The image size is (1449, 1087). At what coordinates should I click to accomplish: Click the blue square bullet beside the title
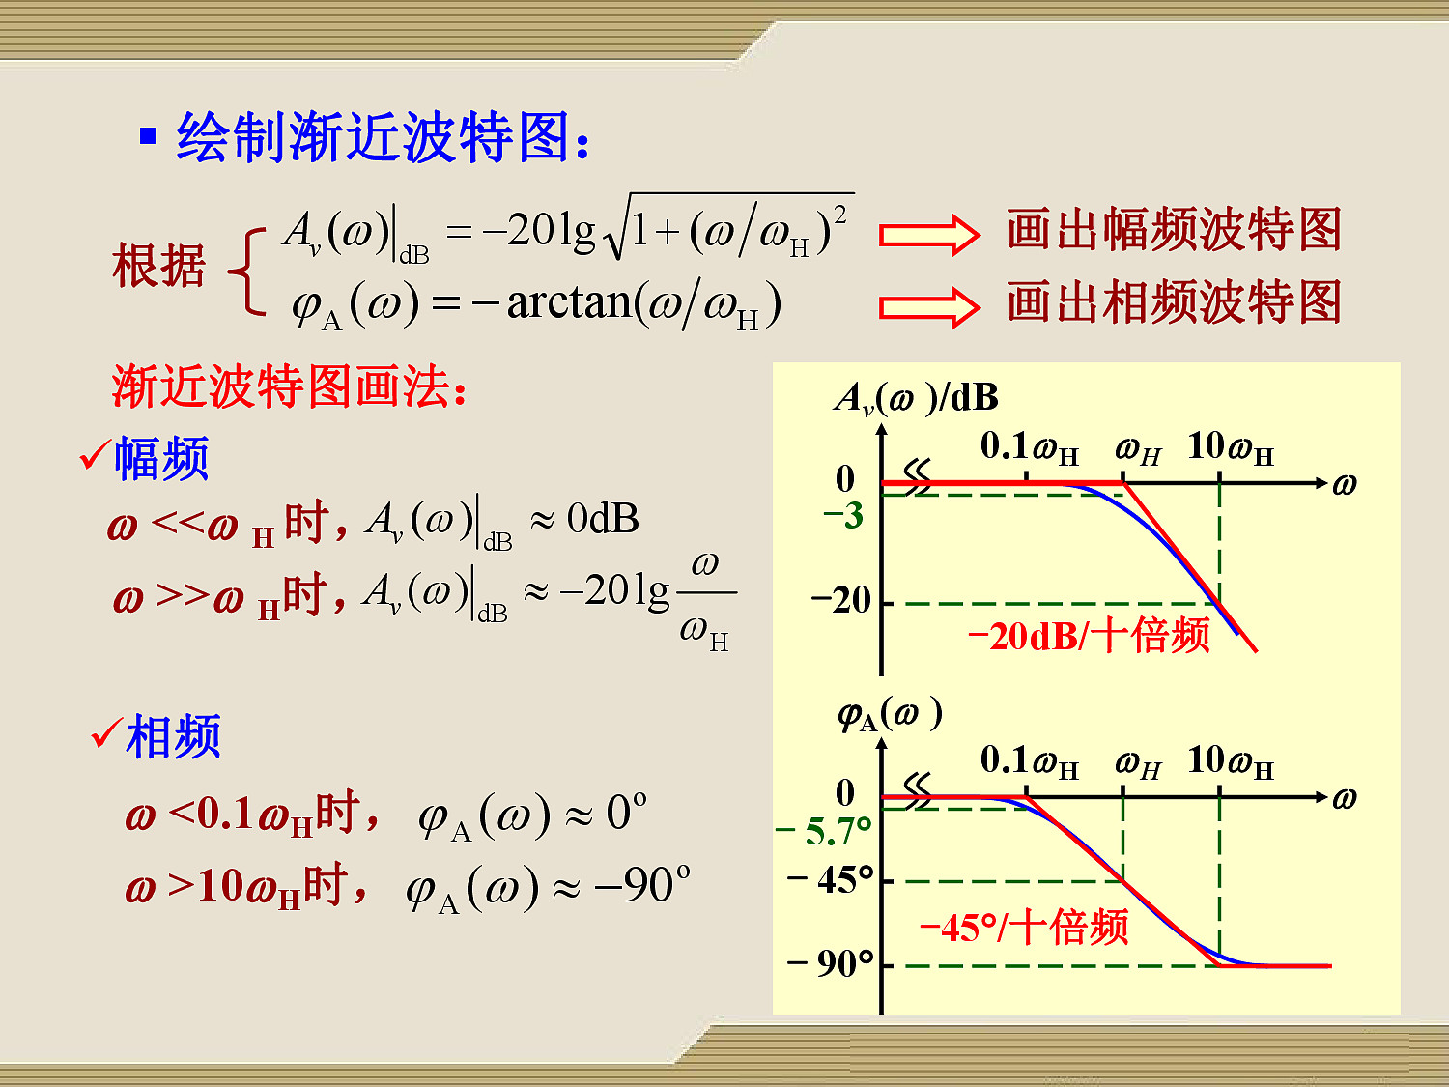(x=149, y=135)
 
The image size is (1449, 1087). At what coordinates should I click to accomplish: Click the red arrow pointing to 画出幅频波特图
(x=929, y=234)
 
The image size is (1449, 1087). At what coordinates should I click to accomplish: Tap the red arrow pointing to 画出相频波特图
(x=929, y=307)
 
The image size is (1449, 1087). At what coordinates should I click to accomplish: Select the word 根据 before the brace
(x=158, y=266)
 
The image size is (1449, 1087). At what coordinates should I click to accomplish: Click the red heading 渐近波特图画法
(x=289, y=386)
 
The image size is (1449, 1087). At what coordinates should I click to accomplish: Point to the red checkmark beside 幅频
(x=94, y=454)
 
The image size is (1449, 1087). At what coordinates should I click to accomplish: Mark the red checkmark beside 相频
(x=107, y=732)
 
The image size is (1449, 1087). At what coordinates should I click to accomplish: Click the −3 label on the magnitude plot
(x=843, y=515)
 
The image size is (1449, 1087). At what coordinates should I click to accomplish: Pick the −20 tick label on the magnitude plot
(x=841, y=601)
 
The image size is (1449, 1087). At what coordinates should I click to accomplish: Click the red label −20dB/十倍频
(x=1089, y=636)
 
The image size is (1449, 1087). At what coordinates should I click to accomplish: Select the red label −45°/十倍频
(x=1024, y=928)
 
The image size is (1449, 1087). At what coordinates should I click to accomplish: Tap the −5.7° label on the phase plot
(x=824, y=831)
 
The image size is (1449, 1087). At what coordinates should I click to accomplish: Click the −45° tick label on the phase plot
(x=831, y=880)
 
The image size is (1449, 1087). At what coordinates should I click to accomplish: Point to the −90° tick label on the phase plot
(x=831, y=964)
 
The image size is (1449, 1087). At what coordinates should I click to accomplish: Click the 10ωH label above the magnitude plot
(x=1231, y=448)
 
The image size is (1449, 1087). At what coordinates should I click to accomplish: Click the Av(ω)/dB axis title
(x=917, y=398)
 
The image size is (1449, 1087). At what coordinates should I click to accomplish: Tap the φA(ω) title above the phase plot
(x=890, y=715)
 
